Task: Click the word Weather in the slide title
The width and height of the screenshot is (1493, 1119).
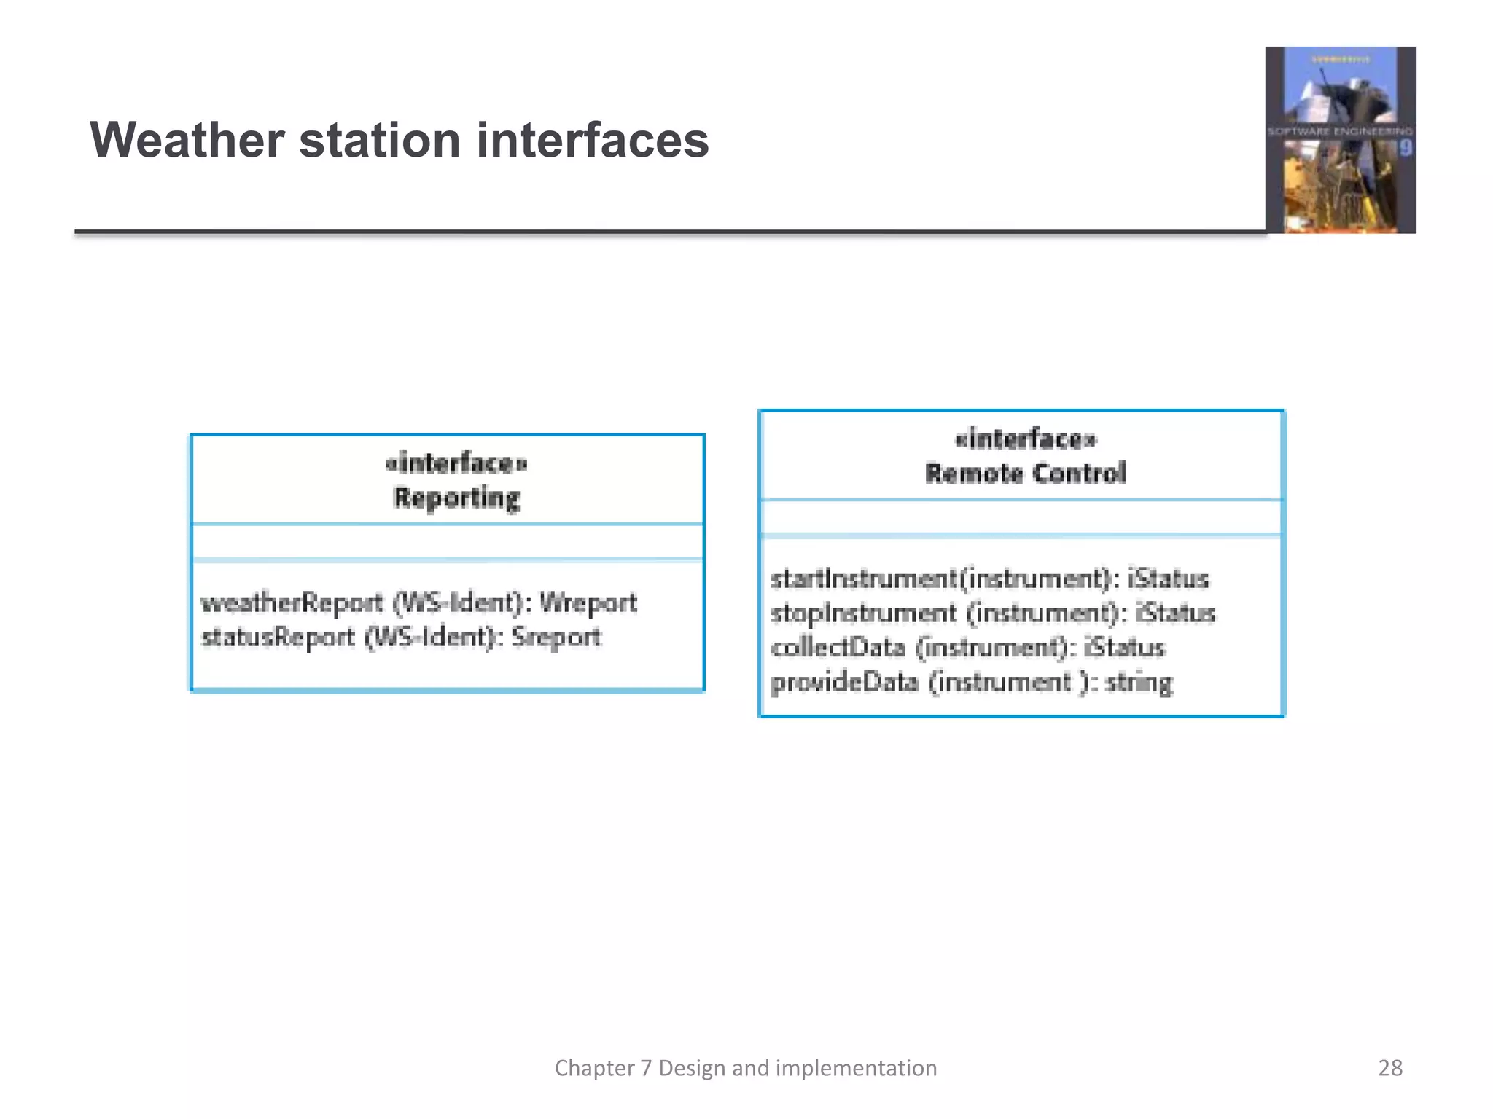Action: point(187,140)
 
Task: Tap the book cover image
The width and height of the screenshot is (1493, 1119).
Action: point(1340,140)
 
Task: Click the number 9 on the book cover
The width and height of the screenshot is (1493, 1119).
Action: point(1405,149)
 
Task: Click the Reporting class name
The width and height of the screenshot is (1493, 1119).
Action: point(456,498)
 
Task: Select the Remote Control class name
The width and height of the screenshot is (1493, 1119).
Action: point(1025,474)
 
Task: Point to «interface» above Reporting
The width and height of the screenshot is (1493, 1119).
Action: point(456,463)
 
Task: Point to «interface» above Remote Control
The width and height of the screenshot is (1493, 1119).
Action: point(1025,439)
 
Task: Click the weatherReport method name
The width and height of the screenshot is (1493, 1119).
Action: point(292,603)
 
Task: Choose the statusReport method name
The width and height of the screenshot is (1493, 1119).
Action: point(278,637)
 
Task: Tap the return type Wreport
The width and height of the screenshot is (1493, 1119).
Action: point(588,603)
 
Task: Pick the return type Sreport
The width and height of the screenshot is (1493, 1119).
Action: point(556,637)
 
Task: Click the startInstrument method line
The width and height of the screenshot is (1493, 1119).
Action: point(989,579)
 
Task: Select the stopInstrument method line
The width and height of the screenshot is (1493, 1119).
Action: point(993,613)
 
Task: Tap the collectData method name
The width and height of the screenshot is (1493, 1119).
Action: point(838,648)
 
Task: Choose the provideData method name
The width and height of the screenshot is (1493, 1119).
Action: point(844,682)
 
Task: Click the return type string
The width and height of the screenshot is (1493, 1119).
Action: point(1139,682)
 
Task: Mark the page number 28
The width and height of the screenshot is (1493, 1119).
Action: point(1389,1068)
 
